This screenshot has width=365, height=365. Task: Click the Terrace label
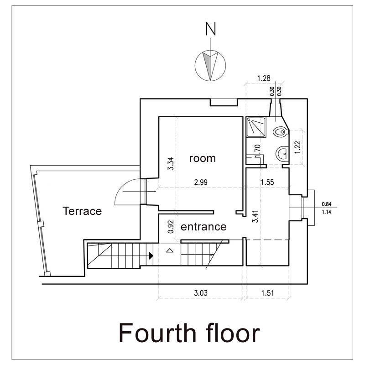point(82,211)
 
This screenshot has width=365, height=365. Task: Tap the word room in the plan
point(202,158)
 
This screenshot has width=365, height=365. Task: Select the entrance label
point(203,227)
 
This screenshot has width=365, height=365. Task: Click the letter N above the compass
point(211,29)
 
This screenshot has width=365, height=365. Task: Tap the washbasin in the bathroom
point(282,153)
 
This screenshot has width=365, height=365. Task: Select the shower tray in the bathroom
point(256,127)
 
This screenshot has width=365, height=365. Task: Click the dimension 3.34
point(171,164)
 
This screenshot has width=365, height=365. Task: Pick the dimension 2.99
point(201,182)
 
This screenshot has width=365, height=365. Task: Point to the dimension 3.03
point(201,293)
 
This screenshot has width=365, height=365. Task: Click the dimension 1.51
point(267,293)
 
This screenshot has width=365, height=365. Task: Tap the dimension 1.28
point(264,78)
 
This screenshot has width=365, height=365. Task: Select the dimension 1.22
point(297,147)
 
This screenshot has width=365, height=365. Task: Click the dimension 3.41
point(255,216)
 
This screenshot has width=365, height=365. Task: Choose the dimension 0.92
point(171,227)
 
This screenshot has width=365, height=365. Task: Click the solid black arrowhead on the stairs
point(151,255)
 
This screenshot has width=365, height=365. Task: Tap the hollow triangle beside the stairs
point(170,250)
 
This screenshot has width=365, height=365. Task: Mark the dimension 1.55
point(267,182)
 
